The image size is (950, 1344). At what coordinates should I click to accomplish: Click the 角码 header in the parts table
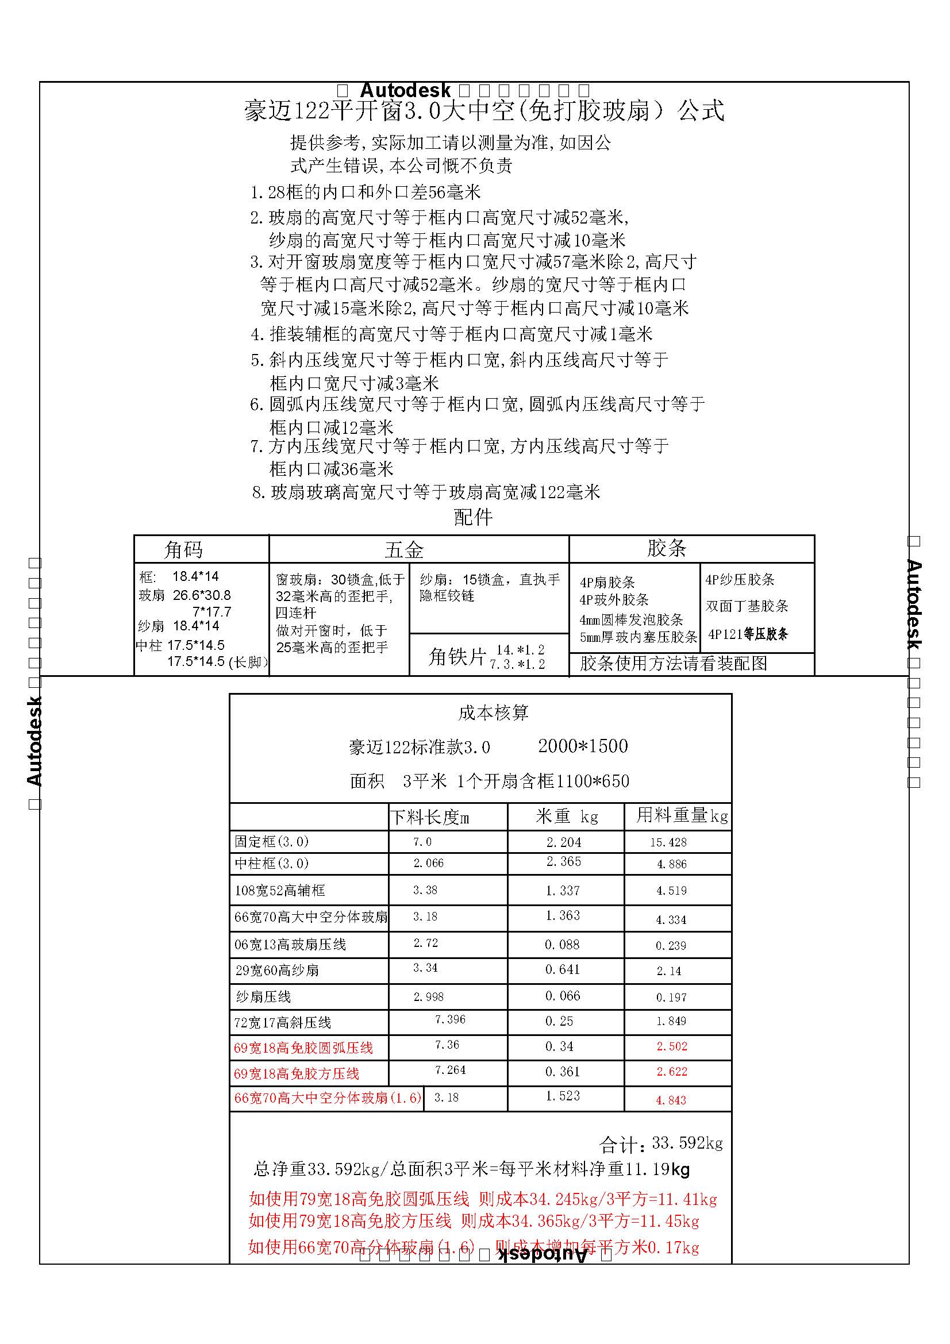(x=183, y=550)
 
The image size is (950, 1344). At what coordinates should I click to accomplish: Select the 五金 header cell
(x=403, y=550)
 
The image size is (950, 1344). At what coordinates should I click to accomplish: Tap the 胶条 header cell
(x=666, y=549)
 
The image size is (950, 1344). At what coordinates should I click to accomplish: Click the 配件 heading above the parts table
(x=473, y=517)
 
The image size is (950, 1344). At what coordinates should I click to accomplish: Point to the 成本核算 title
(x=493, y=713)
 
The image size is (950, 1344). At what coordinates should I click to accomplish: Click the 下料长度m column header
(x=430, y=817)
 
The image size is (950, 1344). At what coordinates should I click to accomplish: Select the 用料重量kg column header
(x=682, y=815)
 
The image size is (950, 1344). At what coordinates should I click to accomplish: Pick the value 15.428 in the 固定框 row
(x=668, y=842)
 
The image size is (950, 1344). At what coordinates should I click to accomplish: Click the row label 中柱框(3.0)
(x=272, y=864)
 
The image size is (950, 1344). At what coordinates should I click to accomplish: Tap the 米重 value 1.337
(x=563, y=890)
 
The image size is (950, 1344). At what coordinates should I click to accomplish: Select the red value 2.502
(x=671, y=1046)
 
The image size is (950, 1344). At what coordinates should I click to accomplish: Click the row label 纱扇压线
(x=263, y=996)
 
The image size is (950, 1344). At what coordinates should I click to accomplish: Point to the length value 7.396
(x=449, y=1019)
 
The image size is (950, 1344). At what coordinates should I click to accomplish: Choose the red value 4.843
(x=670, y=1100)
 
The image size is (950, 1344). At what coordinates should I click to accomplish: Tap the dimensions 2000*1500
(x=582, y=746)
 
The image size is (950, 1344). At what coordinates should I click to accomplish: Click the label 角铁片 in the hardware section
(x=456, y=657)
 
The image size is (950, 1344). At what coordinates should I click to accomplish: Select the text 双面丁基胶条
(x=747, y=606)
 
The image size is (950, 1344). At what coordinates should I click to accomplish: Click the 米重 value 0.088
(x=562, y=944)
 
